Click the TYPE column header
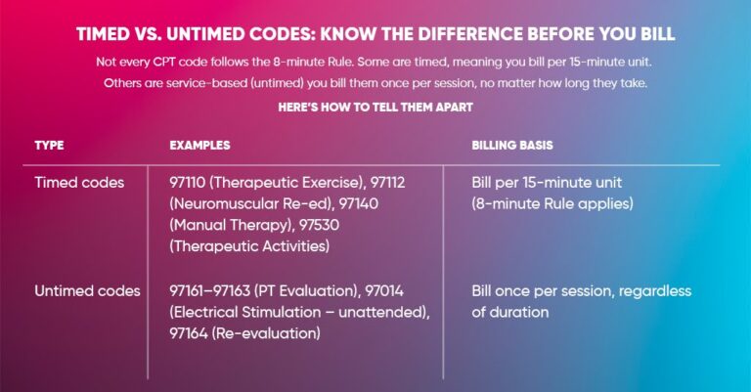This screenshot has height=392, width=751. [49, 145]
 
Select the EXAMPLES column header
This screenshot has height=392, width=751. [199, 145]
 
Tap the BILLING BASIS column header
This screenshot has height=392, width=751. [512, 145]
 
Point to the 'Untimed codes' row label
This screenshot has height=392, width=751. [87, 291]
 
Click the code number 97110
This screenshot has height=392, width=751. [191, 183]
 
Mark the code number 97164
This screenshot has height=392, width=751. [190, 334]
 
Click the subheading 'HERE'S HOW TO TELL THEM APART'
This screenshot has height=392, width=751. [375, 105]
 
